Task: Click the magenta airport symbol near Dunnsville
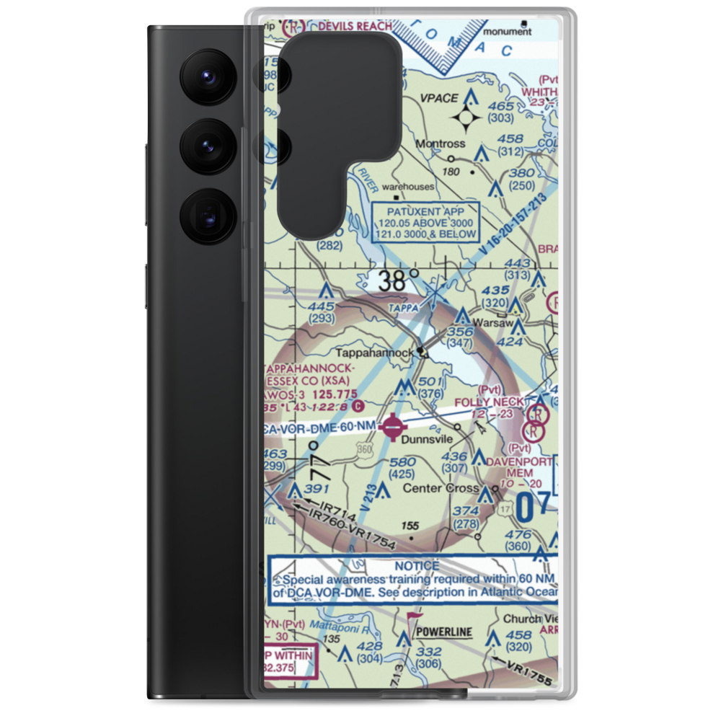392,427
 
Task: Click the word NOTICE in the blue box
416,566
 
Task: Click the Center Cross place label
440,488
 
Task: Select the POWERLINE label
443,632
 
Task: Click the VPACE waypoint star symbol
466,118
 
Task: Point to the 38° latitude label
399,280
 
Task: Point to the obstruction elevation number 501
428,381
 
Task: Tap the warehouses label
408,187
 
